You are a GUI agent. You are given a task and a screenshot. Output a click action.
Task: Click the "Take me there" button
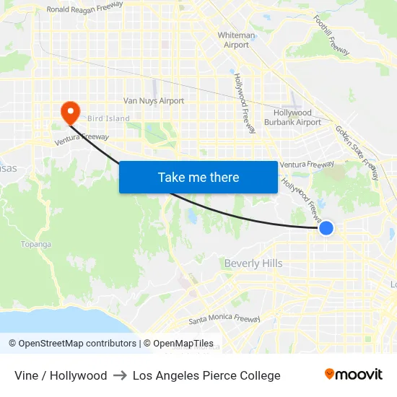tap(198, 177)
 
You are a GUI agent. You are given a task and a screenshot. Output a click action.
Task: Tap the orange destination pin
tap(70, 111)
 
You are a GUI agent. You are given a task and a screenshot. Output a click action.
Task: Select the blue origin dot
tap(326, 228)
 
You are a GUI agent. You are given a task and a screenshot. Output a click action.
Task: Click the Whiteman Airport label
tap(237, 40)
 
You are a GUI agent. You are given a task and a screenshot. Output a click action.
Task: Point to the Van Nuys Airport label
tap(154, 101)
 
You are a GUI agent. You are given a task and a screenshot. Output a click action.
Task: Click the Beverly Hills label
tap(253, 263)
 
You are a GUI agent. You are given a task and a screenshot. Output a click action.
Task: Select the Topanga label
tap(36, 244)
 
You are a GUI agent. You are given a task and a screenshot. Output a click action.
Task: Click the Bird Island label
tap(108, 118)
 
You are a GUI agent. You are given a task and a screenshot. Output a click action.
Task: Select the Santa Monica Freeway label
tap(224, 318)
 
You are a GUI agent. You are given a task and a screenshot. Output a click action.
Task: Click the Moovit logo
tap(353, 374)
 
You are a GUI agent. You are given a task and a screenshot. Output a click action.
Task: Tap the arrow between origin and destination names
tap(120, 375)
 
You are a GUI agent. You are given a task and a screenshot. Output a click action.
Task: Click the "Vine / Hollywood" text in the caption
tap(61, 375)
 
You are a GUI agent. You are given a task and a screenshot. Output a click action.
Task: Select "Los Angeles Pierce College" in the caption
tap(206, 375)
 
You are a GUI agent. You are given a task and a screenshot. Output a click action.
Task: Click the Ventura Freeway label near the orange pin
tap(82, 139)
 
